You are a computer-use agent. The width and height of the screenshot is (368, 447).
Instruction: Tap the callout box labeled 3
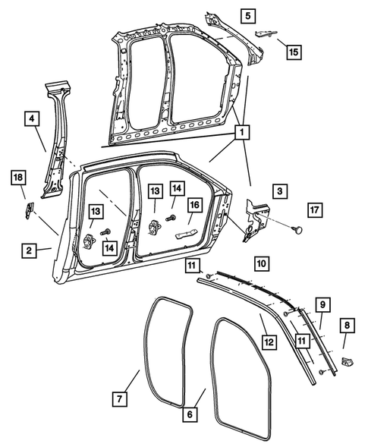click(279, 192)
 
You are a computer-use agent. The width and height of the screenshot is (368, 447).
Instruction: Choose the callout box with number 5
click(249, 14)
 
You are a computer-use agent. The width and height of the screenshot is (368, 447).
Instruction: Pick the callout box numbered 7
click(119, 398)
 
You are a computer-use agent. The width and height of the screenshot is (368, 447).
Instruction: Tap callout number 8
click(348, 326)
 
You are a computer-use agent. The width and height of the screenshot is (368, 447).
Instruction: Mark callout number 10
click(260, 263)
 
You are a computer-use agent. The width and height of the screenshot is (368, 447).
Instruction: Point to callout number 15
click(293, 52)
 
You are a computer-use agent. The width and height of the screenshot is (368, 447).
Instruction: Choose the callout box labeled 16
click(195, 205)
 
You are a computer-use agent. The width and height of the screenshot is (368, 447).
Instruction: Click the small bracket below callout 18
click(27, 210)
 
